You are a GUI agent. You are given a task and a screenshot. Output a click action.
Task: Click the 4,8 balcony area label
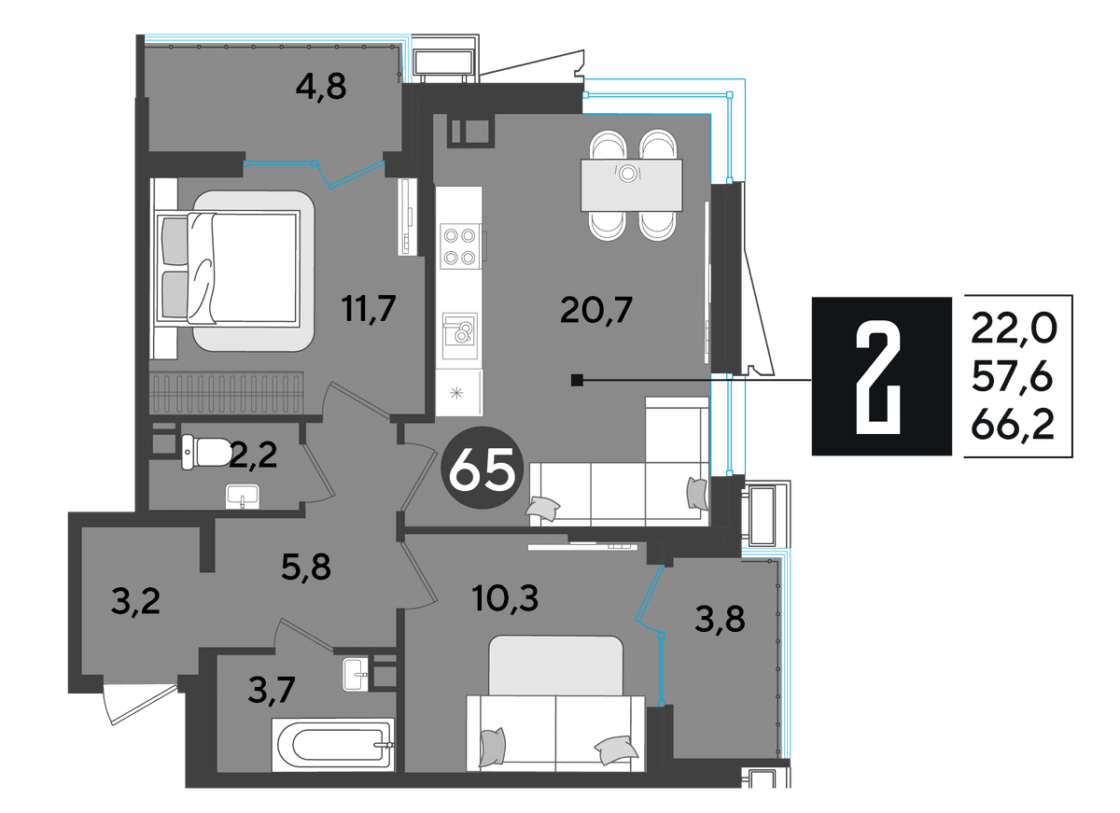point(320,87)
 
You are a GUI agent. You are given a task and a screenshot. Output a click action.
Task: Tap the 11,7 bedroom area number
point(369,309)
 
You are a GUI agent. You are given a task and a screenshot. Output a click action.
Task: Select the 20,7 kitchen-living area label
point(596,310)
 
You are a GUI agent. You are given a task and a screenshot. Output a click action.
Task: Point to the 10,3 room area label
point(505,598)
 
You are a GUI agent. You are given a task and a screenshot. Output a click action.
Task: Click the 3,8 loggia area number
point(720,619)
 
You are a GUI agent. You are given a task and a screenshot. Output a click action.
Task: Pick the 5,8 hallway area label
point(305,567)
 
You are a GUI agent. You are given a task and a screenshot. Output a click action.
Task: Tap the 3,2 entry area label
point(135,601)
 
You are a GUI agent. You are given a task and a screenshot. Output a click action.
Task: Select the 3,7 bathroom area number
point(271,690)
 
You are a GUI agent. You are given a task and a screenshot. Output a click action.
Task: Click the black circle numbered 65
point(482,468)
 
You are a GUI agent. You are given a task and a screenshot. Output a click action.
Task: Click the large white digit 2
point(878,376)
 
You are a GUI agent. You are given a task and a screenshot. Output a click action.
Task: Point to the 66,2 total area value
point(1013,425)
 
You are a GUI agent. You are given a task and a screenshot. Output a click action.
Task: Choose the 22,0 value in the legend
point(1014,329)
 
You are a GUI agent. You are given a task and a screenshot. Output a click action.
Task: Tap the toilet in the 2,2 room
point(206,452)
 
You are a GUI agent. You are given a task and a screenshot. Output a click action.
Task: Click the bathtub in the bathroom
point(332,745)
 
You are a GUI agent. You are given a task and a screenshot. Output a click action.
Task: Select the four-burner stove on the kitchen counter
point(460,246)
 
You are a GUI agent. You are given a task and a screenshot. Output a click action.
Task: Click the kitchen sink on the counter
point(460,335)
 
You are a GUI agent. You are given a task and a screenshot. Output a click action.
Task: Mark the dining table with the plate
point(632,186)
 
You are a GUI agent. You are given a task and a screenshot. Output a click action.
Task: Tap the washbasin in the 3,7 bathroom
point(356,675)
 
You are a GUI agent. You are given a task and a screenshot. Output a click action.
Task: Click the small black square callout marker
point(577,381)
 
